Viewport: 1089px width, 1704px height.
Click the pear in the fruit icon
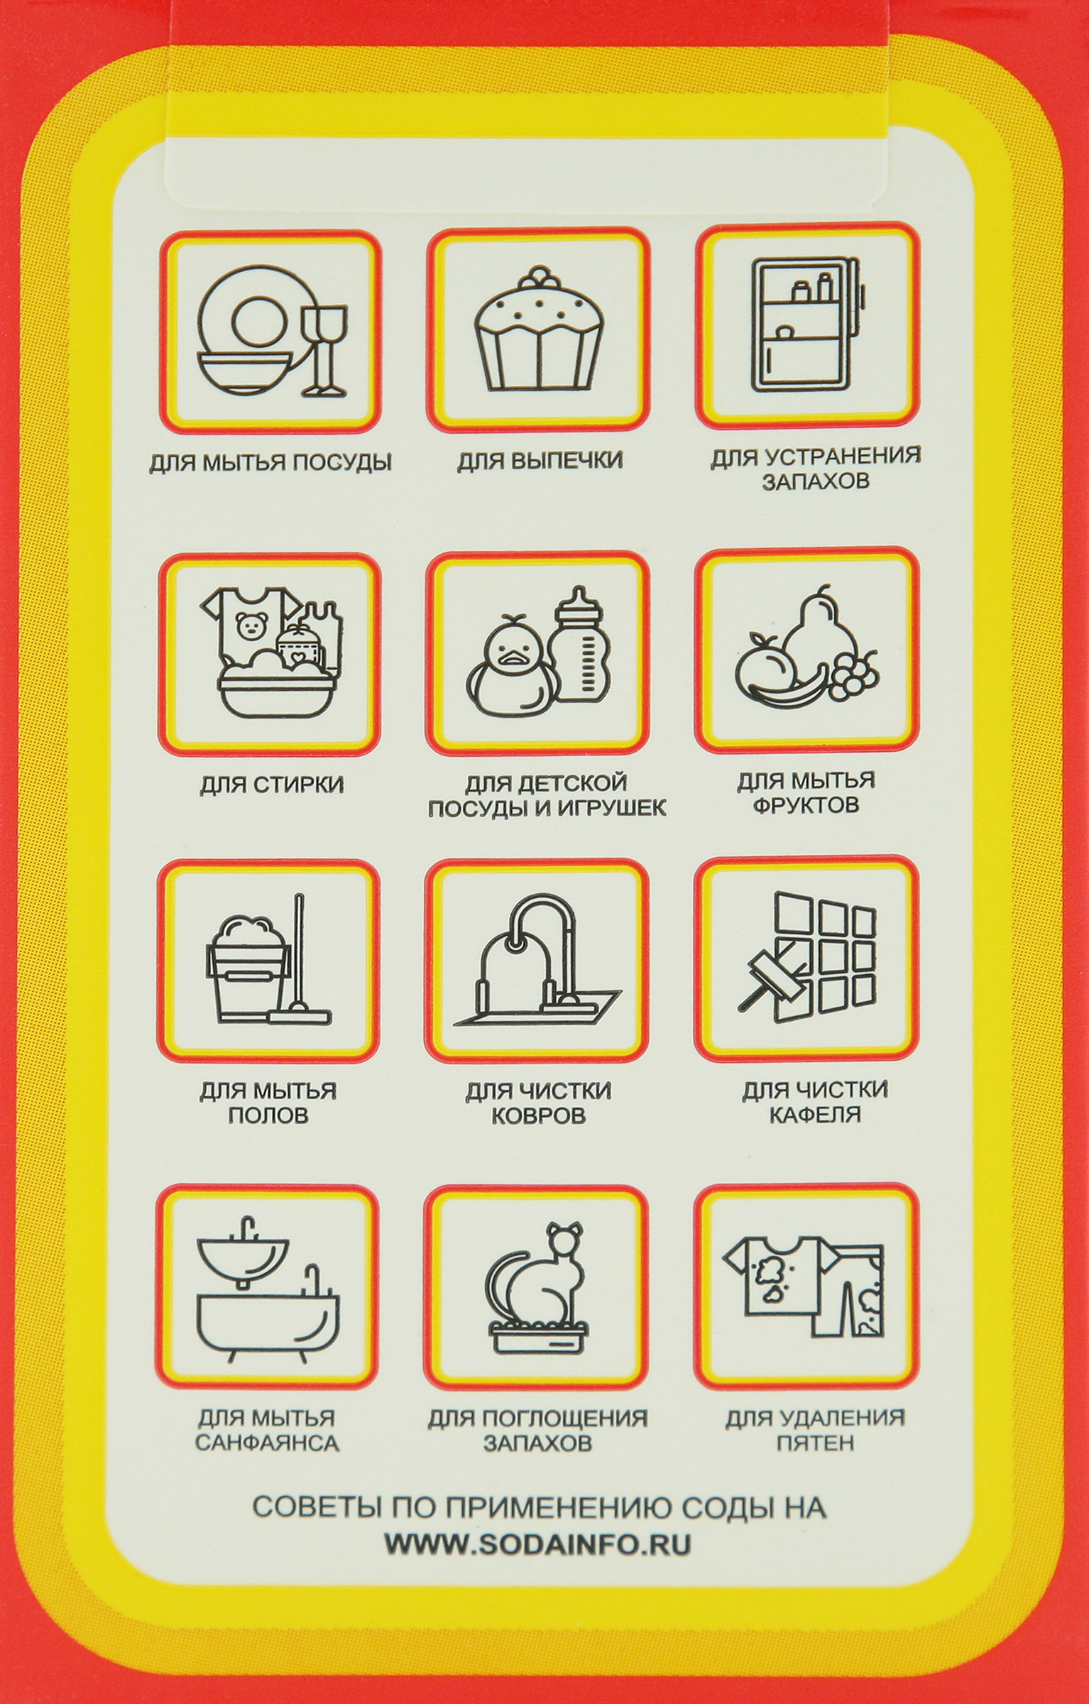(814, 632)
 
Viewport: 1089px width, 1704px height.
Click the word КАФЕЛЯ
(815, 1115)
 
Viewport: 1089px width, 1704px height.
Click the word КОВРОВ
(539, 1115)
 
